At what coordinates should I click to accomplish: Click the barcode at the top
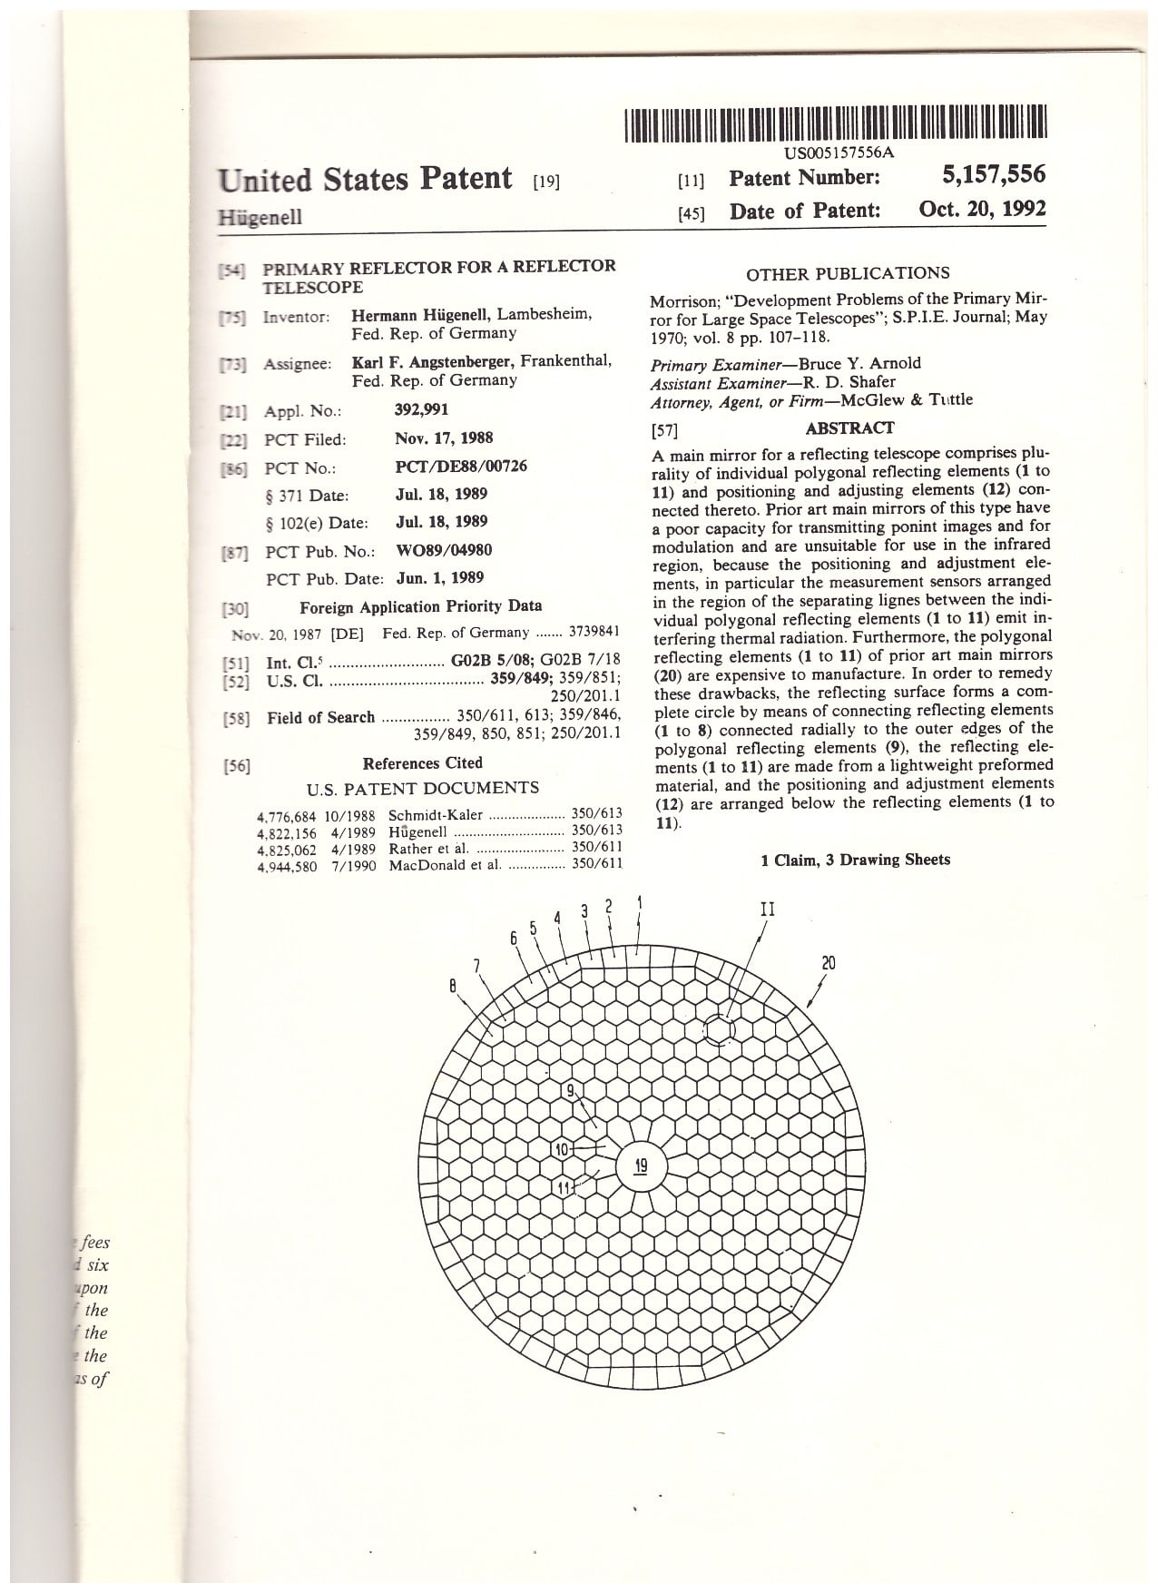(836, 123)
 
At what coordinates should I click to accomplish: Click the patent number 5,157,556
(994, 175)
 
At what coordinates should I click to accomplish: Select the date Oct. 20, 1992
(982, 210)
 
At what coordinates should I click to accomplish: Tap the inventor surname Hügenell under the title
(260, 217)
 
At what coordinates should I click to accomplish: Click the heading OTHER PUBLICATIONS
(848, 273)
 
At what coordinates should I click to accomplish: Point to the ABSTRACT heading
(849, 428)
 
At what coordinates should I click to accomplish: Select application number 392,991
(421, 409)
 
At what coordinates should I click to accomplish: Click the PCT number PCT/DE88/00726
(460, 466)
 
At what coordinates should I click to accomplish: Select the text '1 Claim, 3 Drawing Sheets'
(855, 859)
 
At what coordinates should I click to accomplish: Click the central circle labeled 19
(641, 1165)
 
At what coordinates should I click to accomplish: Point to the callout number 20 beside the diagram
(829, 963)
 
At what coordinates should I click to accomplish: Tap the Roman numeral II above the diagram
(767, 909)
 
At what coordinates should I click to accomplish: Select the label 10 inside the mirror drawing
(561, 1149)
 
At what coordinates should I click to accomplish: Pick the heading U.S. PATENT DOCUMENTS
(422, 788)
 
